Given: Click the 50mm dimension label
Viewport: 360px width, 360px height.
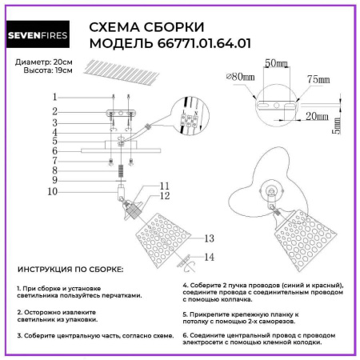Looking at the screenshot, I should [275, 62].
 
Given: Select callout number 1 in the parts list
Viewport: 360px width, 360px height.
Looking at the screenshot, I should [54, 97].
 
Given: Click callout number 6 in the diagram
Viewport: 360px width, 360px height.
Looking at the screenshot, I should [54, 150].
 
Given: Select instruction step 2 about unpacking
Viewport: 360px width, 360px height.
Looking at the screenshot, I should [58, 314].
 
